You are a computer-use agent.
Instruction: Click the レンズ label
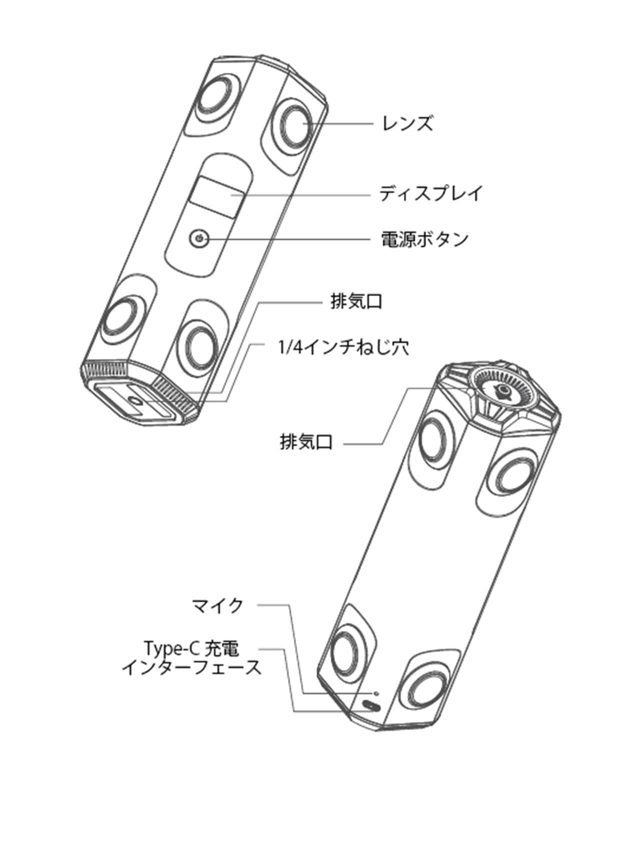click(x=407, y=123)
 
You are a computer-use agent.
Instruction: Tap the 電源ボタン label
click(x=424, y=239)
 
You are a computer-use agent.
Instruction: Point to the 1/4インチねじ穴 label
click(x=343, y=346)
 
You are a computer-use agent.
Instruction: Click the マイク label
click(x=218, y=605)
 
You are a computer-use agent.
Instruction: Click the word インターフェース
click(x=191, y=667)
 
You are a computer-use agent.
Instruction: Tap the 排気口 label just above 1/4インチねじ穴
click(x=356, y=302)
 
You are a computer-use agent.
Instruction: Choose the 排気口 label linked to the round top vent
click(x=306, y=442)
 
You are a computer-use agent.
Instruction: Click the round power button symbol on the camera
click(x=199, y=238)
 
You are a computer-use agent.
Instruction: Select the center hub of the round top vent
click(x=502, y=391)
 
